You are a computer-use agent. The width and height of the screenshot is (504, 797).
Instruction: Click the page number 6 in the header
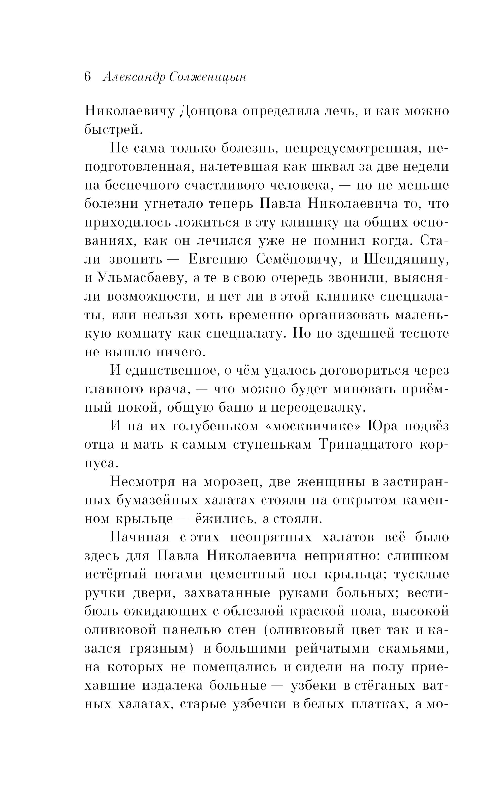click(88, 77)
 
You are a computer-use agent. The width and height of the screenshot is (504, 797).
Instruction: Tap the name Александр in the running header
click(133, 77)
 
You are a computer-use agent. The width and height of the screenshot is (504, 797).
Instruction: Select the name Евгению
click(218, 260)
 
